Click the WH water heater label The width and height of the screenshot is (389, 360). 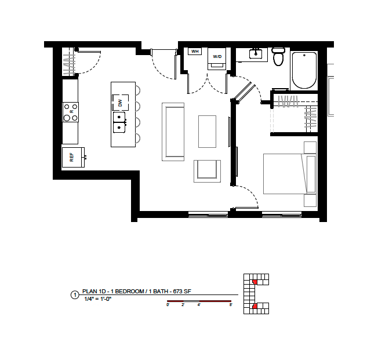195,52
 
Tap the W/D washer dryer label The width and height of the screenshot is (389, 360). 217,57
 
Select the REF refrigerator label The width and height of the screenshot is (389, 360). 72,157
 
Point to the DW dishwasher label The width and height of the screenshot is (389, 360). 121,103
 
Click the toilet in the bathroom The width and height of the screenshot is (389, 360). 278,56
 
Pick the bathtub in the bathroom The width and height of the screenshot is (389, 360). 304,70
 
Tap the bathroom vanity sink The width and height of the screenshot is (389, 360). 256,54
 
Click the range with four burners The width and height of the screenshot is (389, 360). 71,112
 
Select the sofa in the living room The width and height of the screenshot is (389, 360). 173,132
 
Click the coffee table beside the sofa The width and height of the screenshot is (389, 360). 207,132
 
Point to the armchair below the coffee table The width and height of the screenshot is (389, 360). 207,171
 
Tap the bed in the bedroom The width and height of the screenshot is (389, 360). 290,174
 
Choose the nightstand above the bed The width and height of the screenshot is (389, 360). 310,147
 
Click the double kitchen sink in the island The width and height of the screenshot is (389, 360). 119,122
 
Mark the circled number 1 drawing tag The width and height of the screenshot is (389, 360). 75,295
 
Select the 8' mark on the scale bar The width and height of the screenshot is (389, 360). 231,305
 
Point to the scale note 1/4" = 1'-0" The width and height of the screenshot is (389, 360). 98,299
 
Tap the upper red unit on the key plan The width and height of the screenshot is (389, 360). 255,282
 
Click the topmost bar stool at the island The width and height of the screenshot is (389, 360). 137,90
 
